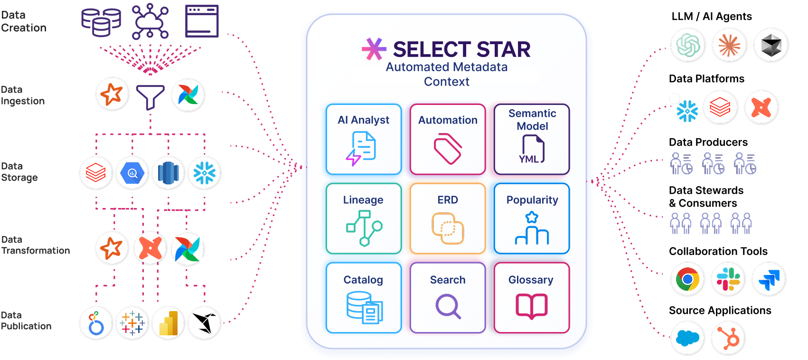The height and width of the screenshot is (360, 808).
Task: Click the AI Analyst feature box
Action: [364, 139]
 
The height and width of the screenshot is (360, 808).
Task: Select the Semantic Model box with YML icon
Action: [532, 139]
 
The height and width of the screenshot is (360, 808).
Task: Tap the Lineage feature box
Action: [364, 218]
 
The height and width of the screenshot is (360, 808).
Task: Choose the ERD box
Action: [448, 218]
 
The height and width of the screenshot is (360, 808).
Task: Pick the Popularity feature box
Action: [532, 218]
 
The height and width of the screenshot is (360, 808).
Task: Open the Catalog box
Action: [364, 298]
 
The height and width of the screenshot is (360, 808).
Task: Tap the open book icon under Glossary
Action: [532, 306]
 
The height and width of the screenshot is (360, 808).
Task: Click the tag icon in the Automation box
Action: [448, 149]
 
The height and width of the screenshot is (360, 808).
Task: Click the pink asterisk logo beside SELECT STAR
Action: [374, 49]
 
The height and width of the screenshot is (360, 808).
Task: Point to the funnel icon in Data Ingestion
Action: [150, 96]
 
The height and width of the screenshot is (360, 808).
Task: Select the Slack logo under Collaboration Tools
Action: [728, 279]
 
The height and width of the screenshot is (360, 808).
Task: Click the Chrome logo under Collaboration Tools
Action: [687, 279]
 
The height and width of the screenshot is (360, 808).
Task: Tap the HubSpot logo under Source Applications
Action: [728, 338]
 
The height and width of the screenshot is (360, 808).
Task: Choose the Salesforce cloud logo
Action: [687, 338]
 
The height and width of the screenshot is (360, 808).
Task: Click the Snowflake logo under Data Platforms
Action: [687, 111]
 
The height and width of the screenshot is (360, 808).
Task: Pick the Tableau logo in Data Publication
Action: [132, 323]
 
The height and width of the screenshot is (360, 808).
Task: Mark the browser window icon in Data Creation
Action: [202, 21]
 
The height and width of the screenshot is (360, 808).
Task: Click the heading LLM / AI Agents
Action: [711, 17]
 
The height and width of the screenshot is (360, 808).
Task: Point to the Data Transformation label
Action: [36, 245]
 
